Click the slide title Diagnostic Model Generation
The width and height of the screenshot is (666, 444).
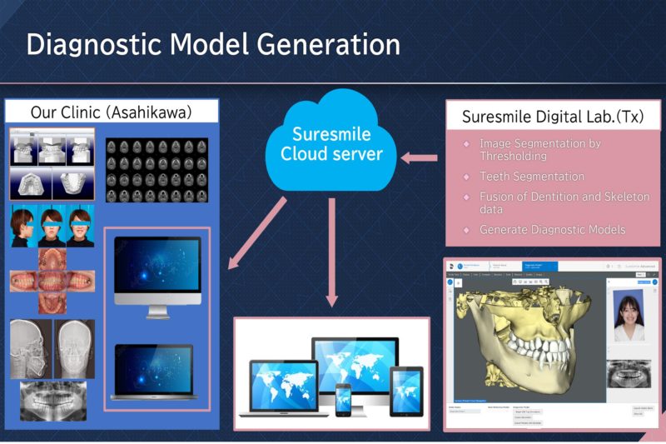[213, 43]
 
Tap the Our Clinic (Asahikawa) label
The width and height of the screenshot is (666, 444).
[112, 112]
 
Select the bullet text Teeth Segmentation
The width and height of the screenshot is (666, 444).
[532, 177]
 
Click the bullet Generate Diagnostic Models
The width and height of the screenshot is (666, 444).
[552, 229]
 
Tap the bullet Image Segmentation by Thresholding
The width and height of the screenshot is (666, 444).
[539, 150]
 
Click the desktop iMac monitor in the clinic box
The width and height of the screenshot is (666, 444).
[157, 275]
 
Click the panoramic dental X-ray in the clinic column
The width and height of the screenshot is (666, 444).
[53, 403]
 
